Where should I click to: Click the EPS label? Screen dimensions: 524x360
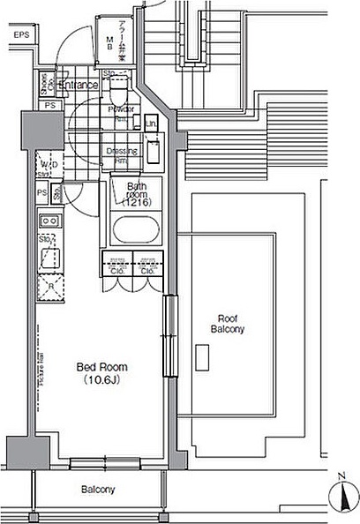19,34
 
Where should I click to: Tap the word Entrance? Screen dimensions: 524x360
79,86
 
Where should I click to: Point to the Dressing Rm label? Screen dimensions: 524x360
121,153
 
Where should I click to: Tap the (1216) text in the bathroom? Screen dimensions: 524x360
137,202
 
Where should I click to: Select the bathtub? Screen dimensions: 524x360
135,231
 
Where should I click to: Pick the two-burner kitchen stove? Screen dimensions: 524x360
49,221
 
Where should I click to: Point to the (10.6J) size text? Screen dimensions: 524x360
102,380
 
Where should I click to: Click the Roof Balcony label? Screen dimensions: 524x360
227,323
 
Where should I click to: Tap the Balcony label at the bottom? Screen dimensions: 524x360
98,489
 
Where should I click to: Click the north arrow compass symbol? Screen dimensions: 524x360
342,492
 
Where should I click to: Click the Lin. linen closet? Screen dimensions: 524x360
152,125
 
